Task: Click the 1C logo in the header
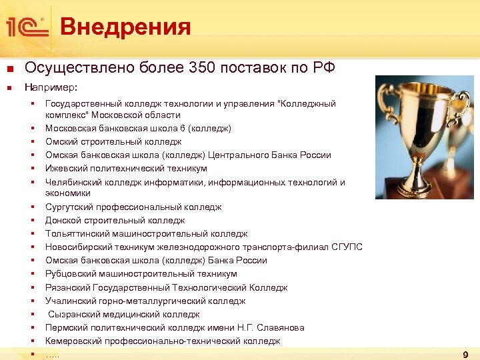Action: (26, 27)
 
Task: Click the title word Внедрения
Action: (125, 27)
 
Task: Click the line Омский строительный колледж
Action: (113, 141)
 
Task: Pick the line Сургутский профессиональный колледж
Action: (133, 207)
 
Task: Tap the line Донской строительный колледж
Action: (115, 220)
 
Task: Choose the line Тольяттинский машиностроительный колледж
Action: (146, 234)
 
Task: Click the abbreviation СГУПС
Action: (347, 247)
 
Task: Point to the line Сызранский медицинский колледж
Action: (123, 314)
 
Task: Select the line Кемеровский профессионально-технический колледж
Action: (163, 341)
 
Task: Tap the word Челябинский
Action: (73, 182)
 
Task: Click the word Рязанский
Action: (67, 287)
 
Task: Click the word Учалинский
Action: (69, 301)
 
